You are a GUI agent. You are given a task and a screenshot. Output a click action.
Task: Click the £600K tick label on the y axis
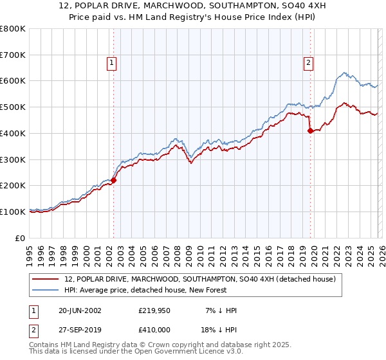click(x=13, y=81)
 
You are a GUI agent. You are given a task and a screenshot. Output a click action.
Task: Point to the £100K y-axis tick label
click(x=13, y=212)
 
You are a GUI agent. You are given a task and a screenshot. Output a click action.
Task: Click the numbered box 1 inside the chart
click(x=112, y=62)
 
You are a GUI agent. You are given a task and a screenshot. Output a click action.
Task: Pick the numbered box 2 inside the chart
click(x=309, y=62)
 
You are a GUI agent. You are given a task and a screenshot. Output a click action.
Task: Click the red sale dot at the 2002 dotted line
click(x=114, y=181)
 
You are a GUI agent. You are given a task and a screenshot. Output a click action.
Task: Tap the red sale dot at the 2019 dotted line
click(x=310, y=130)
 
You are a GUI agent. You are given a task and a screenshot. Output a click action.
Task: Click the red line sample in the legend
click(x=46, y=279)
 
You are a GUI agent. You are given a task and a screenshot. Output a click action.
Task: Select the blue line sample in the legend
click(x=46, y=290)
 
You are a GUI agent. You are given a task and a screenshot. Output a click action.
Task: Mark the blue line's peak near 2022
click(x=345, y=73)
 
